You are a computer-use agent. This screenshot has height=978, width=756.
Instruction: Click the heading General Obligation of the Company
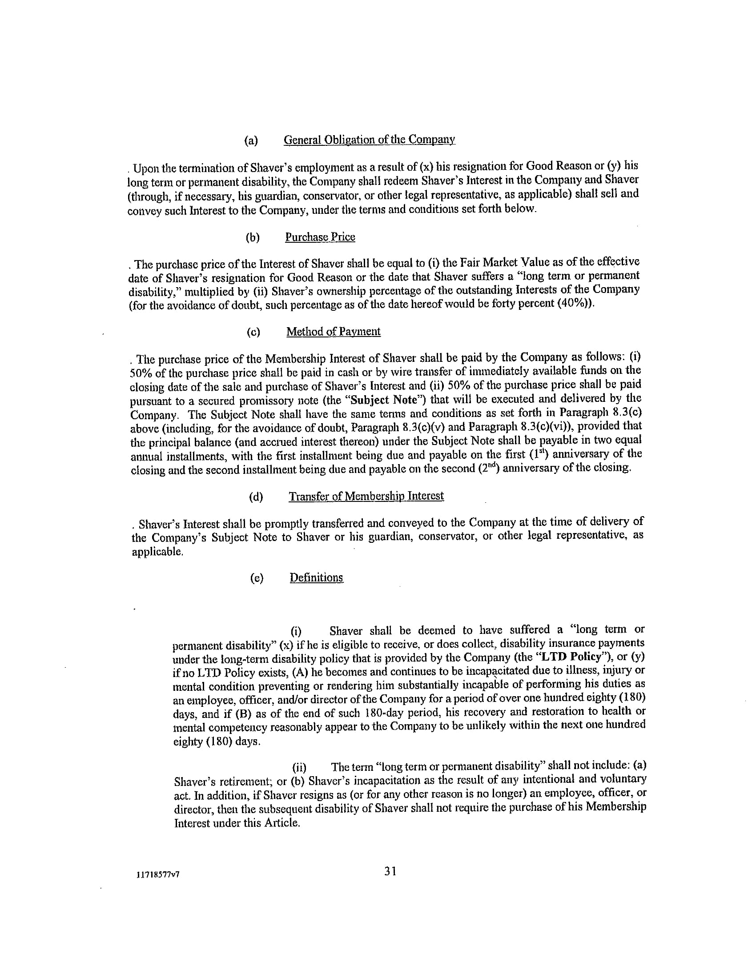[x=370, y=140]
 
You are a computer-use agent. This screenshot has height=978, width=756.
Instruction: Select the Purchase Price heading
[x=320, y=237]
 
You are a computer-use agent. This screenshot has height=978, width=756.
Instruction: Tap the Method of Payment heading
[x=333, y=332]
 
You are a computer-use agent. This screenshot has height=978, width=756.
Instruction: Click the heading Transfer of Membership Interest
[x=366, y=496]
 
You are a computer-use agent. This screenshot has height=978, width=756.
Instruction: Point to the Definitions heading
[x=316, y=577]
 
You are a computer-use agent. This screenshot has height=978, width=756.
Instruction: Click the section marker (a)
[x=251, y=140]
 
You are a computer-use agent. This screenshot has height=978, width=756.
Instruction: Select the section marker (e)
[x=257, y=578]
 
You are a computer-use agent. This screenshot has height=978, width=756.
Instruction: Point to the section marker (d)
[x=256, y=497]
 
